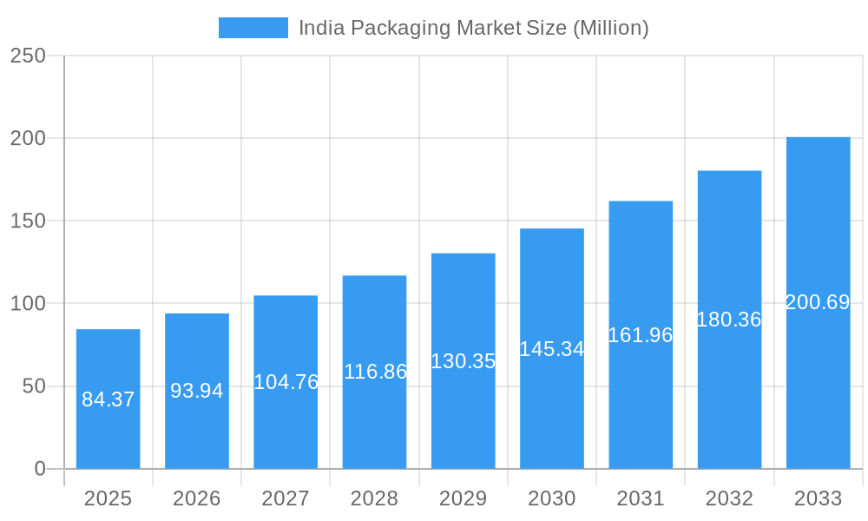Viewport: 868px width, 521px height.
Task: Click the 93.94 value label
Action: (x=196, y=391)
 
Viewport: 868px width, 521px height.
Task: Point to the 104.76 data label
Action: (x=286, y=382)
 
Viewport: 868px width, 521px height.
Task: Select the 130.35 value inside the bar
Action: (x=463, y=361)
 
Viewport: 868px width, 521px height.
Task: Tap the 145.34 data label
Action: (x=551, y=349)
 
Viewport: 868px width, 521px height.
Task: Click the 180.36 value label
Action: (x=729, y=320)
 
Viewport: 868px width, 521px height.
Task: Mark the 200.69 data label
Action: (x=818, y=302)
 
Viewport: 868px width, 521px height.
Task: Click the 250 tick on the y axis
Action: (x=28, y=56)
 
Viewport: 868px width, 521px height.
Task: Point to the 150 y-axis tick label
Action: (x=28, y=221)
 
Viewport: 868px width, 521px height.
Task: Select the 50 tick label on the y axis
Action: (x=34, y=386)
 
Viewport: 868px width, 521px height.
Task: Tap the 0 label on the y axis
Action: (x=40, y=469)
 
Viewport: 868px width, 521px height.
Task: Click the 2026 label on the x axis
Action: (x=196, y=498)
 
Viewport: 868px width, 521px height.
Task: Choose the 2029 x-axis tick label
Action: (x=463, y=498)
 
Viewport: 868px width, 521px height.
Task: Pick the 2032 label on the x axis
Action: (x=729, y=498)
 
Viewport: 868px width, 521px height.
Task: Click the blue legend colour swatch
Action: (x=253, y=28)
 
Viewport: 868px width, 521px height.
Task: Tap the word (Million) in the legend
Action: (x=610, y=28)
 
